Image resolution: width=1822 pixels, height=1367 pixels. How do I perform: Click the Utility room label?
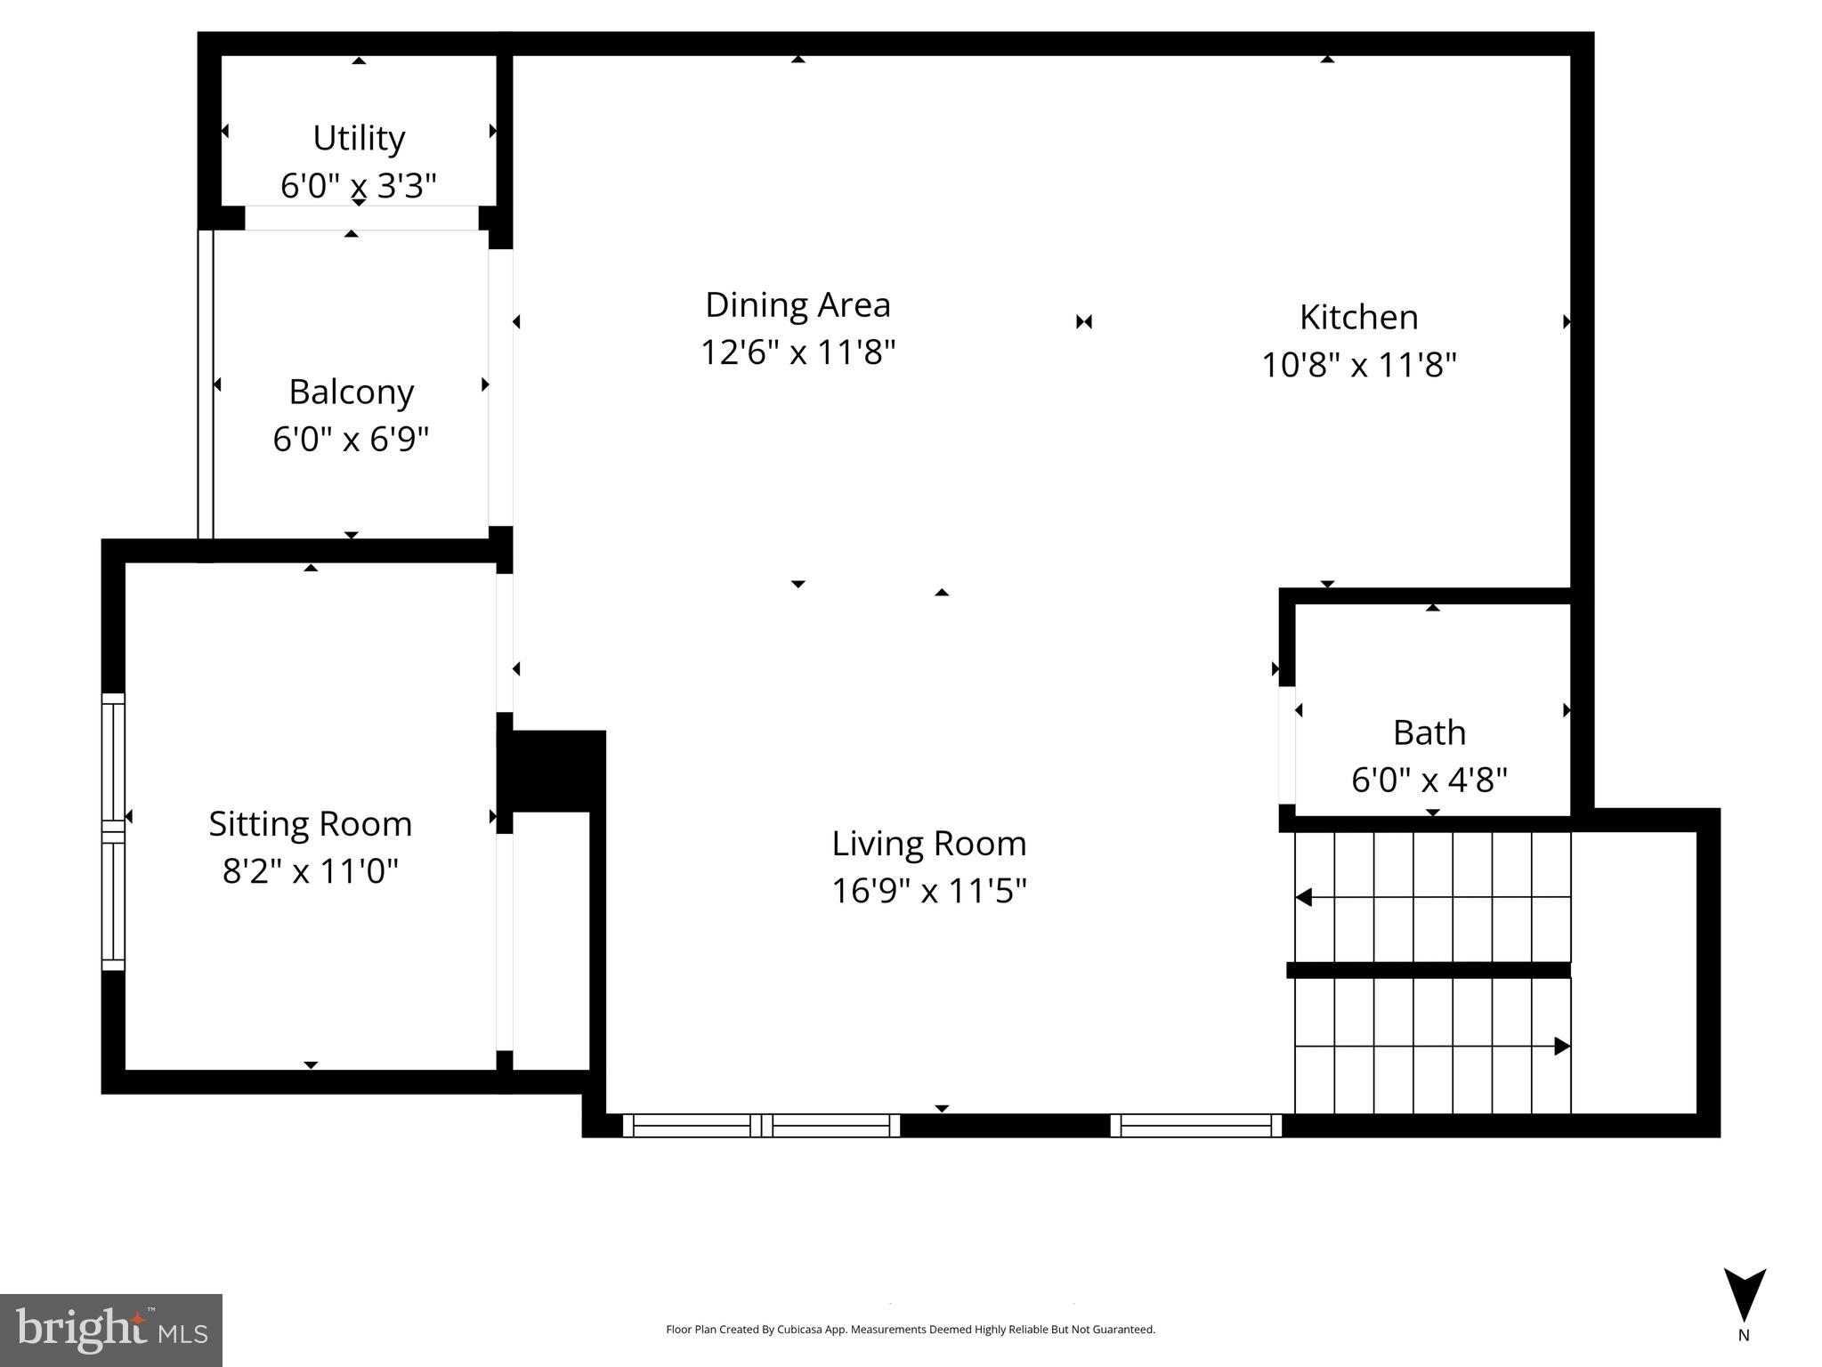tap(359, 138)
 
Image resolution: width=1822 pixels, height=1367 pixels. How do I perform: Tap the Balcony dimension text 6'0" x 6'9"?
tap(351, 439)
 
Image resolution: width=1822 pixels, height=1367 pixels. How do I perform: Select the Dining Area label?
tap(798, 304)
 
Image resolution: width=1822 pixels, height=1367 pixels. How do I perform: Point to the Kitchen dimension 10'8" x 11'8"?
tap(1358, 365)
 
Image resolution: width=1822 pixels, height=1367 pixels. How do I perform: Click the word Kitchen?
tap(1358, 317)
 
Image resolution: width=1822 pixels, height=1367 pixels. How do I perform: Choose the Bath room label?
tap(1429, 732)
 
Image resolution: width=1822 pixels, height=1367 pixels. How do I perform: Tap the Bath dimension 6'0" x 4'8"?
tap(1429, 781)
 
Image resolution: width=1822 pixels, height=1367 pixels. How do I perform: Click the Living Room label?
tap(928, 843)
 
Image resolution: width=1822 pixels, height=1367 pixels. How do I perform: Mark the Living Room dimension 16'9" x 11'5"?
tap(928, 891)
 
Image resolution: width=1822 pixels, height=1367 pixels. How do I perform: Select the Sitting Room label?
tap(310, 823)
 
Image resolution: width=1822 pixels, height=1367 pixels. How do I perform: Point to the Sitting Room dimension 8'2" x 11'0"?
tap(310, 871)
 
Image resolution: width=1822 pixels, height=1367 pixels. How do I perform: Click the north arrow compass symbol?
tap(1744, 1295)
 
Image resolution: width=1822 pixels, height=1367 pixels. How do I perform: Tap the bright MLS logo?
tap(111, 1330)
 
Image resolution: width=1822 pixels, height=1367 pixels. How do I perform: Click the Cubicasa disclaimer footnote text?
tap(910, 1330)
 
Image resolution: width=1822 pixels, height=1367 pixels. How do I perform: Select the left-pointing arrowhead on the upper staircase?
tap(1304, 897)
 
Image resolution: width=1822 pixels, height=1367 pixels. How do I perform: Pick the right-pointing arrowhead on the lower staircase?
tap(1561, 1047)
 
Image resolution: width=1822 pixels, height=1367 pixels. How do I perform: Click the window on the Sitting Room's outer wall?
tap(113, 831)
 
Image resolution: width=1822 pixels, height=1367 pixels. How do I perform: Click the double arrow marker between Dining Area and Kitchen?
tap(1083, 321)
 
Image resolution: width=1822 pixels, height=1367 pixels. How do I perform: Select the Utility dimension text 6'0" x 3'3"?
tap(358, 186)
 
